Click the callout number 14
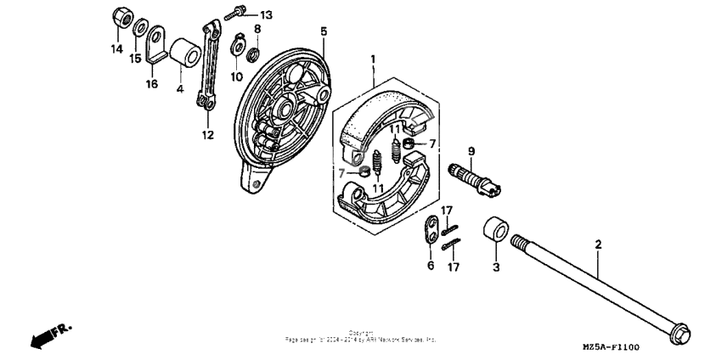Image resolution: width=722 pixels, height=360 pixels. tap(116, 49)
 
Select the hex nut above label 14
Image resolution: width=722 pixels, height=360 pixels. tap(120, 17)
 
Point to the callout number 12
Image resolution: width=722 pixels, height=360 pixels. tap(206, 134)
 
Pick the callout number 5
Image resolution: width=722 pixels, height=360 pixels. tap(324, 31)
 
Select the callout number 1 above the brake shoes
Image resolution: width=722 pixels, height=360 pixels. tap(371, 59)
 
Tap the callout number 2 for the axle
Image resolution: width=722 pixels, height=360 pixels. tap(598, 245)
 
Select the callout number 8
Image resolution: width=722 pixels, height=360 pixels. tap(257, 29)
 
